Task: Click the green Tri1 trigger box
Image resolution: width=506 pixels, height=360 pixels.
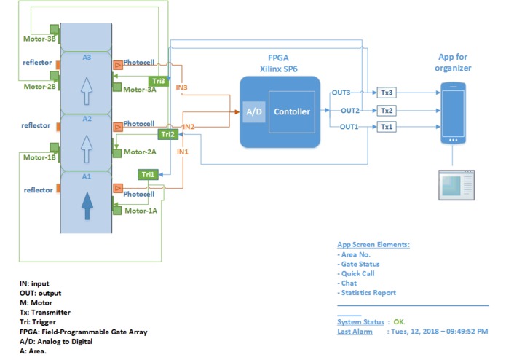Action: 148,174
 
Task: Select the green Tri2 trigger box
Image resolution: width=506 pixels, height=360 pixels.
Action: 167,134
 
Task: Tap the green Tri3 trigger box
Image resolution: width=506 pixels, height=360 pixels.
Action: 158,80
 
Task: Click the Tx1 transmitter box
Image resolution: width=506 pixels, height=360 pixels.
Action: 387,127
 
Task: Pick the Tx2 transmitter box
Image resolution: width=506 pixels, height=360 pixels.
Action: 387,110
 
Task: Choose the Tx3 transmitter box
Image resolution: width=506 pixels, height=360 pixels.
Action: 387,93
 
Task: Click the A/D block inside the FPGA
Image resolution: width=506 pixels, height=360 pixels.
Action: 253,111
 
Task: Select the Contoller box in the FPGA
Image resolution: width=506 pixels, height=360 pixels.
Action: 291,111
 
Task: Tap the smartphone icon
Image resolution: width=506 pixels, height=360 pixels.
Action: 452,112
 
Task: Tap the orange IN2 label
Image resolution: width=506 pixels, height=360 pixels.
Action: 188,127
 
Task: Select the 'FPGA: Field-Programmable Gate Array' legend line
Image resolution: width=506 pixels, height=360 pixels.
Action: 84,332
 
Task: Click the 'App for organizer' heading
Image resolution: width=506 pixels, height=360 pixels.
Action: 454,63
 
